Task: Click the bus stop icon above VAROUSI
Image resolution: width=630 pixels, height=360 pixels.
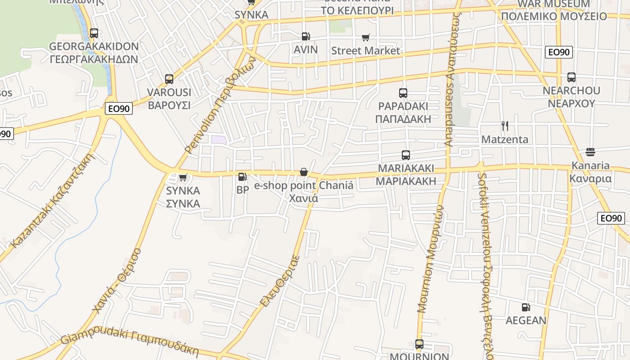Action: (x=169, y=79)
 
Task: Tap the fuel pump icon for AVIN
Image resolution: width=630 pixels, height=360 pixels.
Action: (x=306, y=36)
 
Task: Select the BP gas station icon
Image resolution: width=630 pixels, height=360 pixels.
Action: (x=242, y=177)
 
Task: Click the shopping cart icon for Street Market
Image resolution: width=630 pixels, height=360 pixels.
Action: (x=366, y=38)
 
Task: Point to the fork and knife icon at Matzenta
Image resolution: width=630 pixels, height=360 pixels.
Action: (x=505, y=126)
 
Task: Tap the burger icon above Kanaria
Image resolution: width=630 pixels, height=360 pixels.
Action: (x=590, y=152)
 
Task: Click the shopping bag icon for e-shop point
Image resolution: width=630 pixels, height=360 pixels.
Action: (x=304, y=172)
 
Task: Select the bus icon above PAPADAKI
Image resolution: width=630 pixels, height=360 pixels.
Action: (x=403, y=93)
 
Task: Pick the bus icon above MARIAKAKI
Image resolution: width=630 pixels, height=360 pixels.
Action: (x=406, y=155)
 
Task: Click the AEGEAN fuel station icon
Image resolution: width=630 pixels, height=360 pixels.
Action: (x=526, y=307)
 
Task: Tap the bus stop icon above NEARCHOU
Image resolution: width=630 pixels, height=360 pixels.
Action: (x=571, y=77)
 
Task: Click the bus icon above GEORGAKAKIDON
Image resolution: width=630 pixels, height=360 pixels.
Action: (x=94, y=33)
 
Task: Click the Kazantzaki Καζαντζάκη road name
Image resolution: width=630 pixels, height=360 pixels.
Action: (x=53, y=201)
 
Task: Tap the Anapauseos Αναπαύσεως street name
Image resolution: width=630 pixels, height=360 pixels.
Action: (x=454, y=79)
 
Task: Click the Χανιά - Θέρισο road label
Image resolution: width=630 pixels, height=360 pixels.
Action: (x=117, y=280)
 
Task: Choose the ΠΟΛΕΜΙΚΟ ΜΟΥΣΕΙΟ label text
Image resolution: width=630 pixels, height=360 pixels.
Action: (x=554, y=17)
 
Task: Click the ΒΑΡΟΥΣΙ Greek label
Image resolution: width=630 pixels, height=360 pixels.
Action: (x=169, y=105)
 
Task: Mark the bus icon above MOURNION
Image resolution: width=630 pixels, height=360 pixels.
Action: (x=419, y=344)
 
